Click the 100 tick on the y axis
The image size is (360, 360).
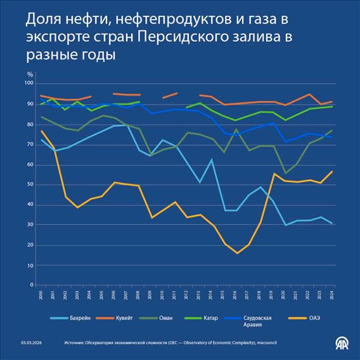28,83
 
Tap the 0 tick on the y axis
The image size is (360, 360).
31,285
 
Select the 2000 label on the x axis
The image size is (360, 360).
41,295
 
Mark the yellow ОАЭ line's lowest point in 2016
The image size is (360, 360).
238,253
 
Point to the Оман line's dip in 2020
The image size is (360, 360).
285,173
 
